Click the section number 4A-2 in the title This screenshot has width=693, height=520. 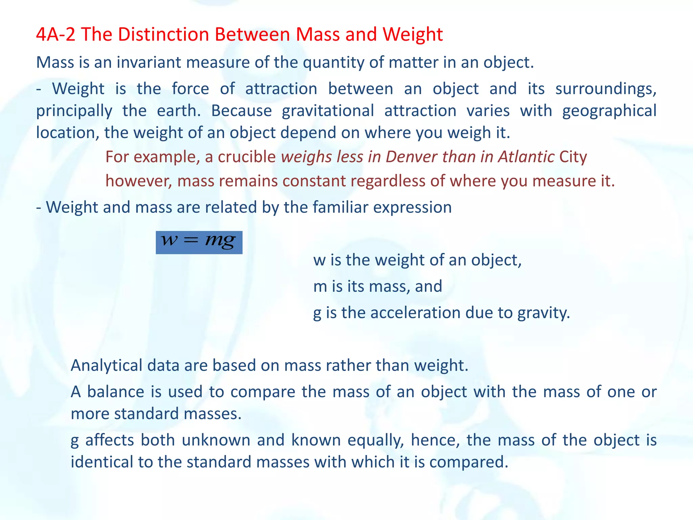click(55, 35)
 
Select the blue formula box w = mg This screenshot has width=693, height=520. click(199, 242)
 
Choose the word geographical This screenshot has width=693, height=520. click(609, 111)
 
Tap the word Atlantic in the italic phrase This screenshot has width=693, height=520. click(526, 157)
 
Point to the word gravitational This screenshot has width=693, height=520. click(328, 111)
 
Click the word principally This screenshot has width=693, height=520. click(74, 111)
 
